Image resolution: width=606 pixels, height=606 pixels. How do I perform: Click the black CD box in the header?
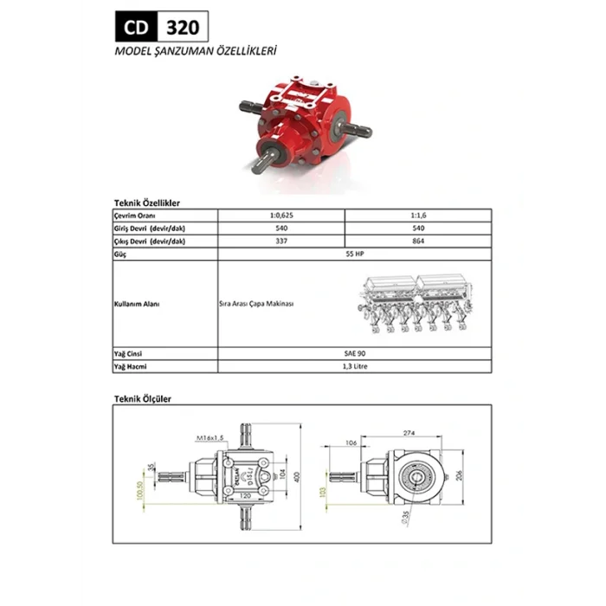[134, 27]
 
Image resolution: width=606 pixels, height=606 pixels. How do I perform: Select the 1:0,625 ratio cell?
[281, 214]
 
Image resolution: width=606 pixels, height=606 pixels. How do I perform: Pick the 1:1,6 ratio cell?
[418, 214]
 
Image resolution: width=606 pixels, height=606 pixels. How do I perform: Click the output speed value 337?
[281, 242]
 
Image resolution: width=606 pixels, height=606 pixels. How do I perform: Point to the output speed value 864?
[418, 242]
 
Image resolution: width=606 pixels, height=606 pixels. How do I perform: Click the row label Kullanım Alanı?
[138, 305]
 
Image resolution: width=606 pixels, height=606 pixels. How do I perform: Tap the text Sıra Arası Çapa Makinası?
[257, 305]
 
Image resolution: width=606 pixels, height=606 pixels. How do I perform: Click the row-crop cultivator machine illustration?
[414, 304]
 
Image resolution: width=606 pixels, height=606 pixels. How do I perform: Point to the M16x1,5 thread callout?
[210, 438]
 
